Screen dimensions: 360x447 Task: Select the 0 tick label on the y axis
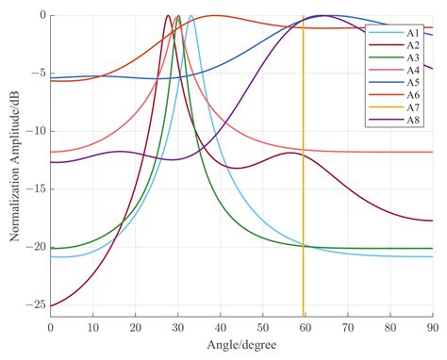pos(41,15)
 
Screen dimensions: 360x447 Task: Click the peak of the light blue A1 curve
pos(190,16)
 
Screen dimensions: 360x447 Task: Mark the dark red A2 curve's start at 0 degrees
pos(51,306)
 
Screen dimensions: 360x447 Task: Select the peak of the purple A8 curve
pos(323,16)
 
